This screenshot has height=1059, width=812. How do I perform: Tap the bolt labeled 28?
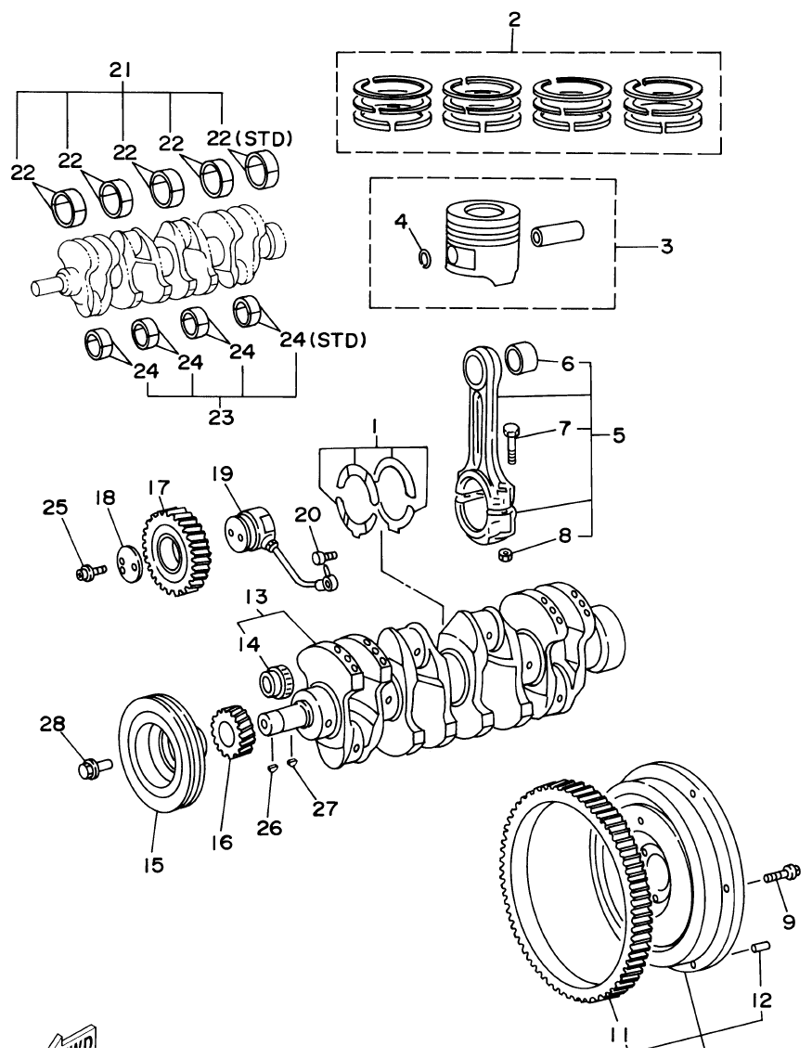94,768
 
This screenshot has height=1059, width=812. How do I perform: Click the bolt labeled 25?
86,570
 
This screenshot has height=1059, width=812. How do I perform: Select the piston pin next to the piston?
556,233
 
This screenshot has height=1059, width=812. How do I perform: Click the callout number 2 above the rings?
513,19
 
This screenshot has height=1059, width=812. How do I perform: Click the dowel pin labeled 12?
760,948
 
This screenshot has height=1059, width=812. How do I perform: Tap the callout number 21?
121,70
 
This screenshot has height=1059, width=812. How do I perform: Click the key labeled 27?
291,763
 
